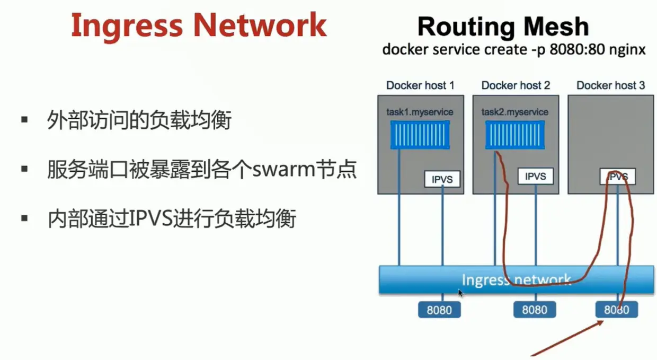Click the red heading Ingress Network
(x=199, y=25)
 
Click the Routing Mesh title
(x=503, y=27)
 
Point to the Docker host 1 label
(x=420, y=85)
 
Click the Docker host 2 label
(x=516, y=85)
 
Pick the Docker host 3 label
(x=611, y=85)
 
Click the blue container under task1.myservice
(x=420, y=134)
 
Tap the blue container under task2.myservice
(x=515, y=134)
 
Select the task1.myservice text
(x=420, y=112)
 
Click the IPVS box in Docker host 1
(x=442, y=179)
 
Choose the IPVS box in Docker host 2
(x=535, y=177)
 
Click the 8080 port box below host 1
(x=439, y=310)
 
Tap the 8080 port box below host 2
(x=534, y=310)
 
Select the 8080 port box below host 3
(x=616, y=310)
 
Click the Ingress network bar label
(x=516, y=279)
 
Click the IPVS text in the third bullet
(x=151, y=218)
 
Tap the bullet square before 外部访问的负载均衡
(x=24, y=120)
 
